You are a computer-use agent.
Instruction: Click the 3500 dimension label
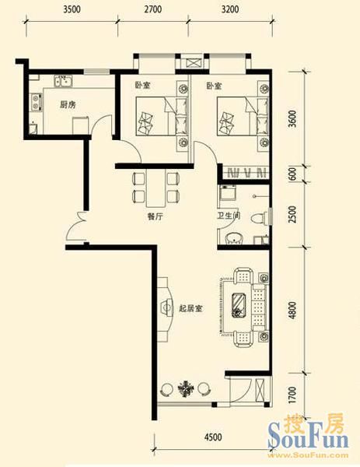tap(72, 9)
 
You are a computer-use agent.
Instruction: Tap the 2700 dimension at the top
tap(153, 9)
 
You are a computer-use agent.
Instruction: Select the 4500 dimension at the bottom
tap(213, 437)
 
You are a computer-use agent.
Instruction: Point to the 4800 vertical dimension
tap(293, 311)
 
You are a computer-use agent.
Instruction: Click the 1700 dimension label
tap(293, 395)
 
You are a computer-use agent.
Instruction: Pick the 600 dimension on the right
tap(293, 174)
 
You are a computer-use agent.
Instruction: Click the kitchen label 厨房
tap(68, 105)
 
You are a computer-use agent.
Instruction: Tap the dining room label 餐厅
tap(156, 216)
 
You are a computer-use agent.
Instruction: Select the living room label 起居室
tap(190, 308)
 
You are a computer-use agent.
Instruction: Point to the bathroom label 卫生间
tap(229, 215)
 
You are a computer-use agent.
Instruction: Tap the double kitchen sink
tap(63, 81)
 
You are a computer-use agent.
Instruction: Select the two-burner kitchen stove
tap(37, 102)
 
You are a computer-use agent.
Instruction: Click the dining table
tap(156, 189)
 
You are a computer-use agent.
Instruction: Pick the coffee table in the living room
tap(238, 306)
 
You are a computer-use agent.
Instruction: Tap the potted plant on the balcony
tap(186, 388)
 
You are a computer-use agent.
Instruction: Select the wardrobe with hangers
tap(246, 173)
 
